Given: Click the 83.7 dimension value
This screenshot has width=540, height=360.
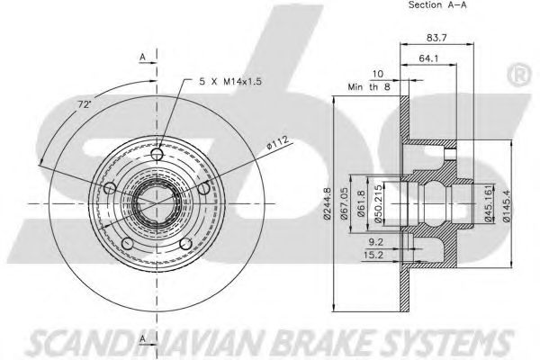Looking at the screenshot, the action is (436, 38).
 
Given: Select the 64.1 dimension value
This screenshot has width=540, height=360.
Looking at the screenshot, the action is (428, 58).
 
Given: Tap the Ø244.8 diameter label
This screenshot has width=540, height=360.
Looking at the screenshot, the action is (328, 203).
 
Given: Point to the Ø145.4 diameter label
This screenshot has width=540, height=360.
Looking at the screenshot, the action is (506, 204).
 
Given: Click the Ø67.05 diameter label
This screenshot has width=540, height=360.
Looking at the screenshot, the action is (344, 203).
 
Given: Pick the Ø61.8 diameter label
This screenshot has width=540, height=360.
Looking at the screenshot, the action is (361, 203).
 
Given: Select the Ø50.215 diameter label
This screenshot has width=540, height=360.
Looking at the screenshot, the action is (378, 204).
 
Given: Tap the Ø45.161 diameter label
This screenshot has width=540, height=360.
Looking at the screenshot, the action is (488, 203).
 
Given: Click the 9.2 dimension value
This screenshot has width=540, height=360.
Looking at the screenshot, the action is (375, 242).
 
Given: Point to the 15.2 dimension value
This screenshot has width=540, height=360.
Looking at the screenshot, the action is (373, 255).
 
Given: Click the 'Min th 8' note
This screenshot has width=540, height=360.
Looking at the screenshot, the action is (369, 86).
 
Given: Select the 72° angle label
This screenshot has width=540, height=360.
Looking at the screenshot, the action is (84, 104).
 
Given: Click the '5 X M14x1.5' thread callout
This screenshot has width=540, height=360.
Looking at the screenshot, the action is (230, 81).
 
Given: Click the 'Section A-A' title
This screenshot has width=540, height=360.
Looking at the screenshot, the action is (437, 4).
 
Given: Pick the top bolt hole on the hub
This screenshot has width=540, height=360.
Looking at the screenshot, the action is (157, 153).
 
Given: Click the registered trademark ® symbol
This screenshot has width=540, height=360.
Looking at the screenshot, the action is (518, 76).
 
